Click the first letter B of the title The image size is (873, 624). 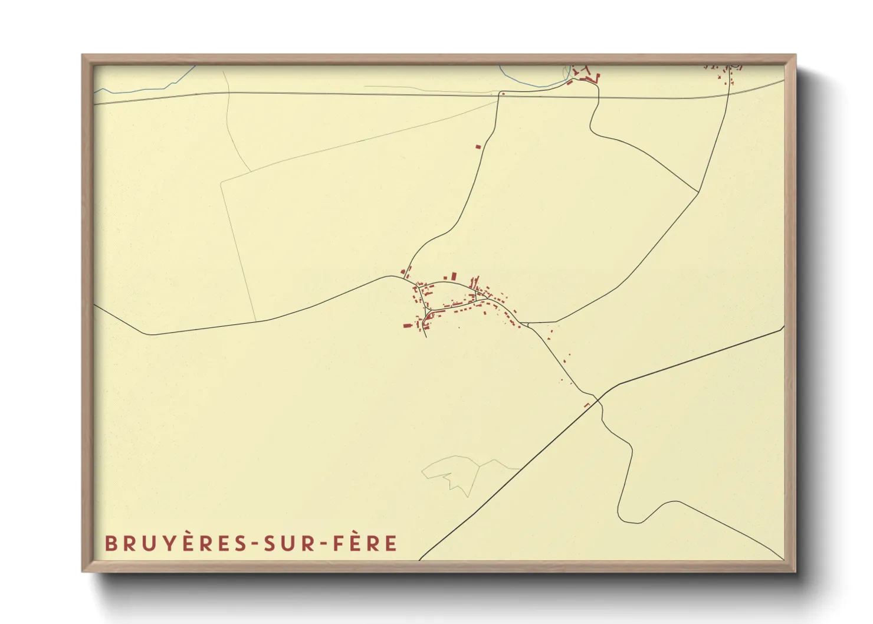pos(110,543)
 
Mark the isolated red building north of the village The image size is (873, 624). pos(478,146)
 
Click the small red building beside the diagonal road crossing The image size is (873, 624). pos(586,405)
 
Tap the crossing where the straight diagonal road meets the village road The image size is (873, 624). pos(599,400)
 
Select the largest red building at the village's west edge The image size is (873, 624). pos(407,325)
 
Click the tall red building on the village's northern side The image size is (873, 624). pos(454,276)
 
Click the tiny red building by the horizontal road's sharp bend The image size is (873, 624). pos(503,93)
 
